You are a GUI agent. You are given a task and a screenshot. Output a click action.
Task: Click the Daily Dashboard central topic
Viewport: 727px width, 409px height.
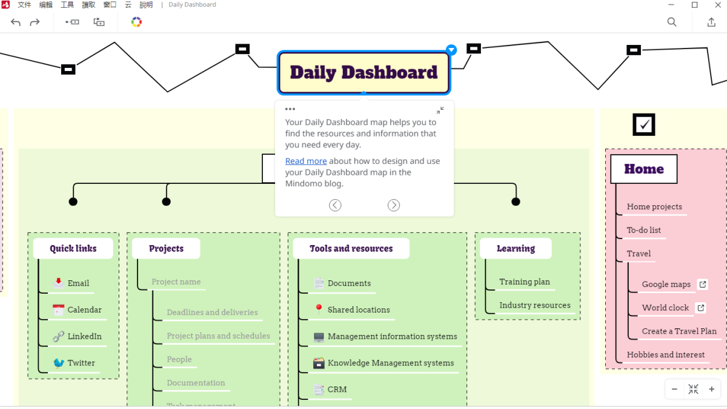click(363, 72)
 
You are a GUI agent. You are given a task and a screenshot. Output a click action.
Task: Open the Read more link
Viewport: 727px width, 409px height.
click(306, 161)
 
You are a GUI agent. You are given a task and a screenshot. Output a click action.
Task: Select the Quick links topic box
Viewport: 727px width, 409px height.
click(73, 248)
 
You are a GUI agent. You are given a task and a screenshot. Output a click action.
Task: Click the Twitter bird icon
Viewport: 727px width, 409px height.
click(59, 363)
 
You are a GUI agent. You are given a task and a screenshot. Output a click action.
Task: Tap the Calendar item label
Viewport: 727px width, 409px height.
click(84, 309)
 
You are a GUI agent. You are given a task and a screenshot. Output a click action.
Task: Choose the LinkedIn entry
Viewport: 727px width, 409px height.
click(84, 336)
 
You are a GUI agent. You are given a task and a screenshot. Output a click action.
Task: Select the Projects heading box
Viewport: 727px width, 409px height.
click(166, 248)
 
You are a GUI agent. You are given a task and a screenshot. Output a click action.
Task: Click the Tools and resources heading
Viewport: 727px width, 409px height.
click(351, 248)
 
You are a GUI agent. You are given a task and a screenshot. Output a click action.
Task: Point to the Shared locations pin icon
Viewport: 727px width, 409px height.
click(319, 309)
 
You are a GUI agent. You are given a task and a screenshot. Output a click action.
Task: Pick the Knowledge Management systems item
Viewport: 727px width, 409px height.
click(391, 363)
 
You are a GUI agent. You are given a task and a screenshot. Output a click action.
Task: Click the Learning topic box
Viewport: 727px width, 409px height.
click(516, 248)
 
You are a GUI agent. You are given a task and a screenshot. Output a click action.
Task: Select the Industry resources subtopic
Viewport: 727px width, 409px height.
click(534, 305)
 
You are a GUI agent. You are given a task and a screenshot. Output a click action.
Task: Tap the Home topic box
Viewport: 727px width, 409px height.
click(643, 169)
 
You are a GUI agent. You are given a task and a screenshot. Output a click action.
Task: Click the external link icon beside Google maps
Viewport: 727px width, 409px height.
click(702, 284)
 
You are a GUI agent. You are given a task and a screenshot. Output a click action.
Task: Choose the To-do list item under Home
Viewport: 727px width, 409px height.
click(643, 230)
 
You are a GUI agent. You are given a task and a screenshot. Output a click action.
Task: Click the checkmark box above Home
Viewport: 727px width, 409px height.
click(644, 124)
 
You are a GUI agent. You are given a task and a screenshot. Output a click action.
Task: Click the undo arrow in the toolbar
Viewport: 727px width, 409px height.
click(16, 22)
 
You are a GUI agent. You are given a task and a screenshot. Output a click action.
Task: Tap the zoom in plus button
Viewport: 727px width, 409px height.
click(711, 389)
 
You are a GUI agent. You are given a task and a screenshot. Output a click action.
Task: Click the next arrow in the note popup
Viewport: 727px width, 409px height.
click(394, 205)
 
